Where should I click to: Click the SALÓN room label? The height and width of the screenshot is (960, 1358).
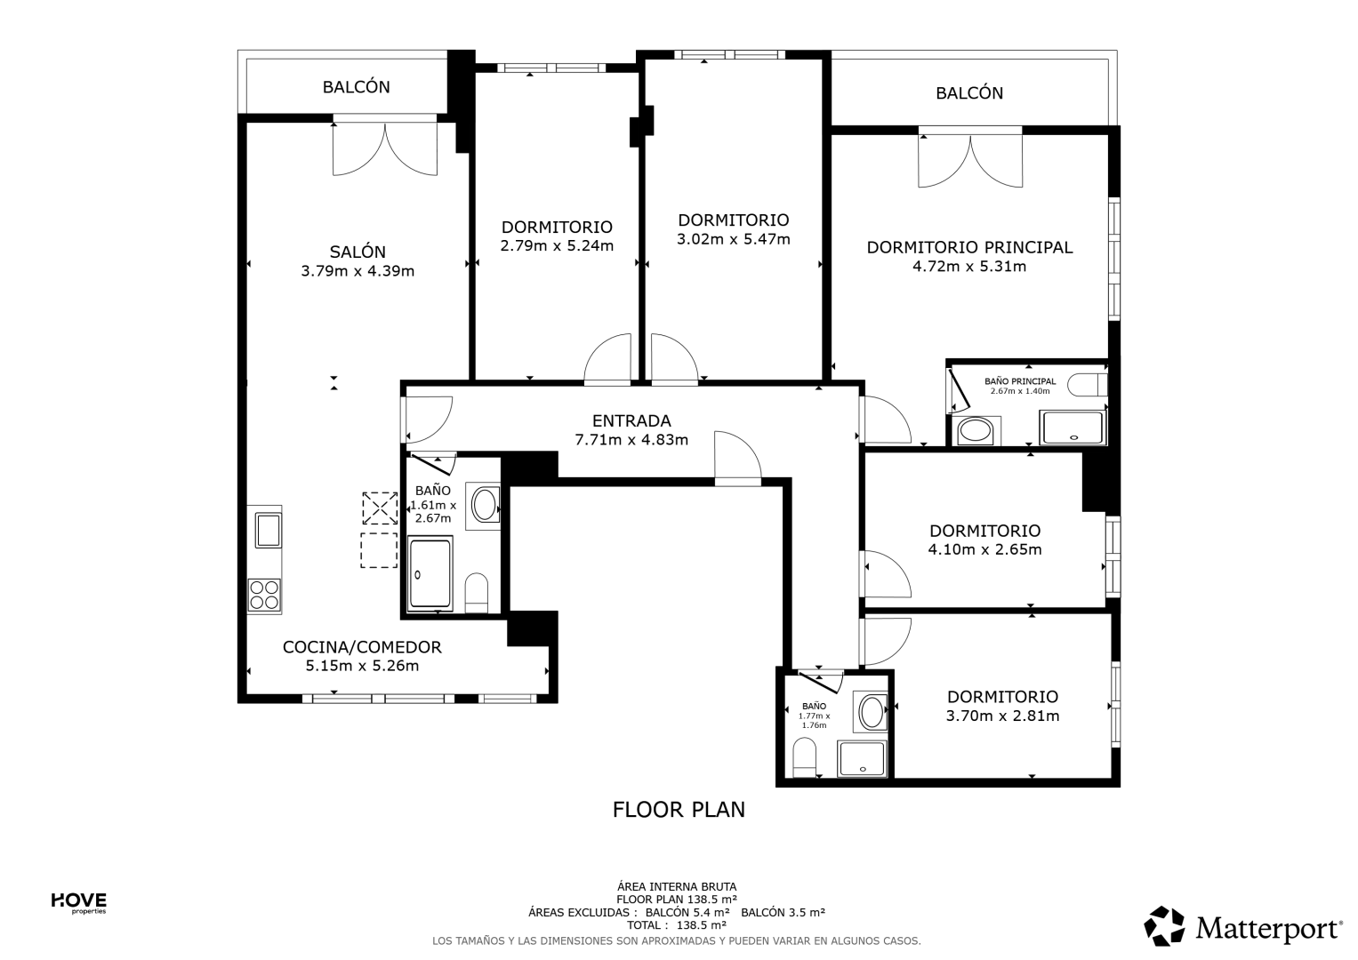pyautogui.click(x=358, y=251)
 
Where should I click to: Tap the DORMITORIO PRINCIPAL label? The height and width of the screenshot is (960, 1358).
pyautogui.click(x=969, y=247)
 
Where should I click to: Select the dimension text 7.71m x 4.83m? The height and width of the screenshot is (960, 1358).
pyautogui.click(x=631, y=439)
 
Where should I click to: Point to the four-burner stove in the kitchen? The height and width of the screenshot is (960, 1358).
pyautogui.click(x=265, y=595)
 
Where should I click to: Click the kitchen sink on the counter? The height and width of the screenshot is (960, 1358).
pyautogui.click(x=268, y=530)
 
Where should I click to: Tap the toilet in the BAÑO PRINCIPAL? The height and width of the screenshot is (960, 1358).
pyautogui.click(x=1088, y=385)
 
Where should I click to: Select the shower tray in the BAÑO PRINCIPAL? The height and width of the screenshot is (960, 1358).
pyautogui.click(x=1073, y=428)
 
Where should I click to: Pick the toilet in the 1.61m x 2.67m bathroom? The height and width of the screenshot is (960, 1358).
pyautogui.click(x=476, y=593)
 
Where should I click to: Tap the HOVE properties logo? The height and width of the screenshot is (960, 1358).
pyautogui.click(x=78, y=903)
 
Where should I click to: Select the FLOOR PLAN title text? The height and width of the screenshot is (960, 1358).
pyautogui.click(x=679, y=810)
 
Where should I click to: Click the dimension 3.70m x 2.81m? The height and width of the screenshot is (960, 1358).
pyautogui.click(x=1003, y=716)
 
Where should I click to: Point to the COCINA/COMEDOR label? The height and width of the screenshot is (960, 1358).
pyautogui.click(x=362, y=647)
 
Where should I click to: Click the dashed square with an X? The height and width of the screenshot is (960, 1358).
pyautogui.click(x=380, y=508)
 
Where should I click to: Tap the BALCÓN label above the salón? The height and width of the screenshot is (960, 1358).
pyautogui.click(x=356, y=87)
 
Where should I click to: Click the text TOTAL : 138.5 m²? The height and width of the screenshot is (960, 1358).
pyautogui.click(x=678, y=924)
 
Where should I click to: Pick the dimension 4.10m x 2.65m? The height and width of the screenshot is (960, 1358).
pyautogui.click(x=984, y=549)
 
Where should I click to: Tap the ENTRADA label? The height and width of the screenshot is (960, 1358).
pyautogui.click(x=631, y=420)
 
